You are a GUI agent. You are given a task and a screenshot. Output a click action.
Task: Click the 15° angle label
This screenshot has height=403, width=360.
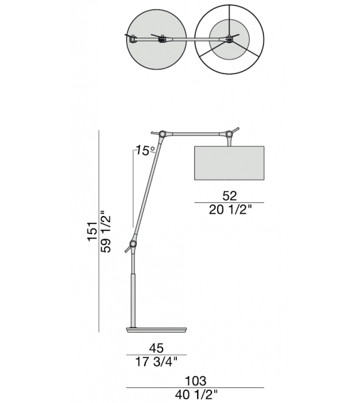point(146,151)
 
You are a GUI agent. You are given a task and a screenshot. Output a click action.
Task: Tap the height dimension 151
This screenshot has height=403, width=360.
point(92,231)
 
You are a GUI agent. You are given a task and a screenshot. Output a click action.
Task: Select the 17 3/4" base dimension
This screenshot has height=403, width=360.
point(156,362)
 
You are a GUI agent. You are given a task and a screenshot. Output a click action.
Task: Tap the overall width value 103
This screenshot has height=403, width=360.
point(197,381)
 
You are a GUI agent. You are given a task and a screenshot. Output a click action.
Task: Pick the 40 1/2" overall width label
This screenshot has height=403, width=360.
point(197,395)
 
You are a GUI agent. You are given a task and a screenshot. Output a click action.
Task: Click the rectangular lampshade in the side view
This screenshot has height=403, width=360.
point(229,163)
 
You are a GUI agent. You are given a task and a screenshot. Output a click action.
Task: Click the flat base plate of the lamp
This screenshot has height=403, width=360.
point(156,328)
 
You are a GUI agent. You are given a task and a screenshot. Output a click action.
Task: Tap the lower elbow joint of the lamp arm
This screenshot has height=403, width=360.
point(133,244)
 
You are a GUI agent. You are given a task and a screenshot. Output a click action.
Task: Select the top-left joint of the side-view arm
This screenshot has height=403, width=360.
point(162,134)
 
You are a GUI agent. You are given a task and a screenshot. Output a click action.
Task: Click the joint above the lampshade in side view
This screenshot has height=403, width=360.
point(228,134)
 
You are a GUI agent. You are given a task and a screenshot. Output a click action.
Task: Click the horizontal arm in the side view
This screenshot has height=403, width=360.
point(194,134)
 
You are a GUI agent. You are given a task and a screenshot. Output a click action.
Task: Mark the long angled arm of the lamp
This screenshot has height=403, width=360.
point(147,188)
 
